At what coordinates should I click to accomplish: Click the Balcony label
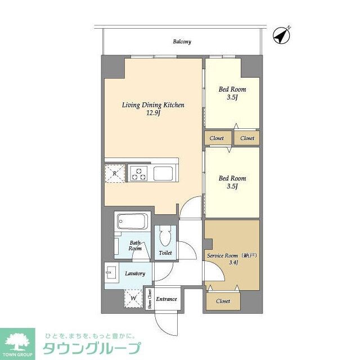[x=182, y=42]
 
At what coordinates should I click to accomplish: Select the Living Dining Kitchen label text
[x=154, y=105]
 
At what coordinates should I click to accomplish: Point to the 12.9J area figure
[x=154, y=114]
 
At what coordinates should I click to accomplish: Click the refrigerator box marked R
[x=115, y=173]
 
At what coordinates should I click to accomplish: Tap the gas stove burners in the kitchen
[x=138, y=173]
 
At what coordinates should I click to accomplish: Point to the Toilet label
[x=165, y=253]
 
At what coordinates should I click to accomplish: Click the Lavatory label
[x=135, y=273]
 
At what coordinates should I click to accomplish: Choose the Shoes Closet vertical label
[x=150, y=299]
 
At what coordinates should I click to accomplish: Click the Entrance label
[x=166, y=299]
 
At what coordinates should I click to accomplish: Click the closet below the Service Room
[x=223, y=301]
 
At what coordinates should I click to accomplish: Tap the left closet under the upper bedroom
[x=217, y=138]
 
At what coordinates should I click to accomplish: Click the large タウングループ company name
[x=92, y=348]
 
